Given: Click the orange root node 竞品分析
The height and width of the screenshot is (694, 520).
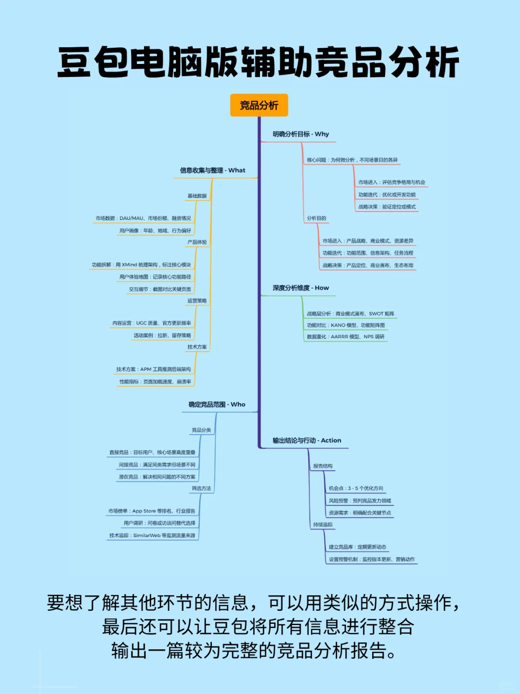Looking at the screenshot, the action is tap(259, 105).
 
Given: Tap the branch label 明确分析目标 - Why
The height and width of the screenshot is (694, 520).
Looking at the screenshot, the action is tap(300, 134).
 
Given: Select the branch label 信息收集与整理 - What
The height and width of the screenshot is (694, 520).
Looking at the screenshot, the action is tap(212, 170).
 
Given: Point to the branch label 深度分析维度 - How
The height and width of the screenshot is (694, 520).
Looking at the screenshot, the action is tap(300, 288).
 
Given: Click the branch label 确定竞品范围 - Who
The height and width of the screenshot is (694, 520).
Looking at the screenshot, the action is tap(217, 404).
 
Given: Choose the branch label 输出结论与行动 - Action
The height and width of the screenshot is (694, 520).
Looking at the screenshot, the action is tap(307, 441).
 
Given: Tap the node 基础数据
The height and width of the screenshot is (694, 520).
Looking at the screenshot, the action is tap(197, 196).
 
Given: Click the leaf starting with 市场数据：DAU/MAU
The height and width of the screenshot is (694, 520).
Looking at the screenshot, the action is tap(143, 218).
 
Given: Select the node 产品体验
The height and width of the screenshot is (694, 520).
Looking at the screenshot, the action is tap(197, 242).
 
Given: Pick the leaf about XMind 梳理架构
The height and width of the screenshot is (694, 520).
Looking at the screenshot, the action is tap(141, 265).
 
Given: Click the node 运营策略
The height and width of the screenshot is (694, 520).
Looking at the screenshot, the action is tap(197, 301).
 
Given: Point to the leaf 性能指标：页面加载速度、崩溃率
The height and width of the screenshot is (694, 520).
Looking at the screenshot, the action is tap(155, 382).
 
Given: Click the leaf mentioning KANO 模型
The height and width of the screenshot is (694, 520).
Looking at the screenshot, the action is tap(345, 325).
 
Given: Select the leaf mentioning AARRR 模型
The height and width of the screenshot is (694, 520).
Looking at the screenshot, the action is tap(345, 337).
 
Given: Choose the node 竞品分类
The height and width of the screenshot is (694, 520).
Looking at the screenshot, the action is tap(201, 430).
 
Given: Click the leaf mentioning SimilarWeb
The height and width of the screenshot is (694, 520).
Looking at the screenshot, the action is tap(152, 535).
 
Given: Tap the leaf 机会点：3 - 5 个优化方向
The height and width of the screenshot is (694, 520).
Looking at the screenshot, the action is tap(356, 488).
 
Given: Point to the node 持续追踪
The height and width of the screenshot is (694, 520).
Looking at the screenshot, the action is tap(323, 524).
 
